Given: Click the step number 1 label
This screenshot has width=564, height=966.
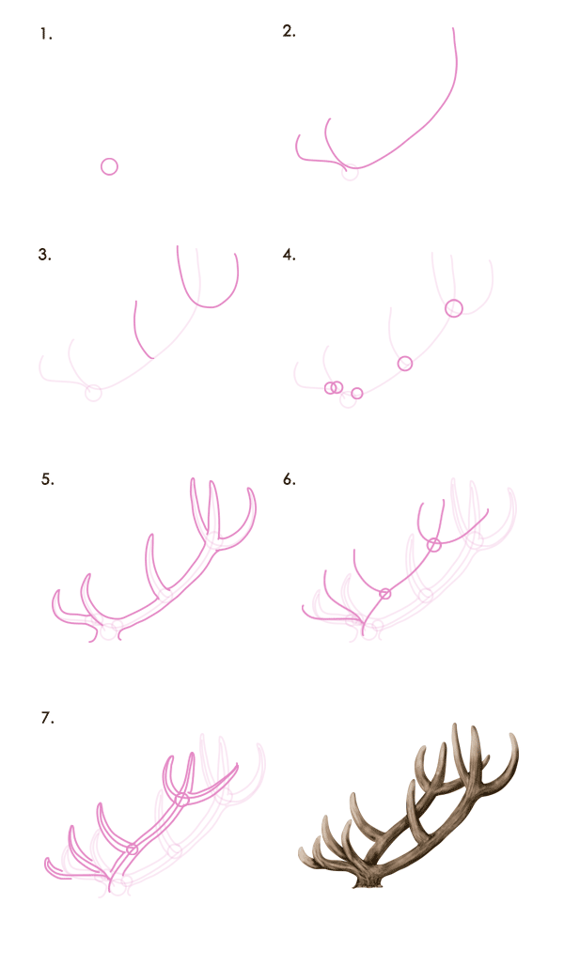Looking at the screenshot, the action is click(46, 35).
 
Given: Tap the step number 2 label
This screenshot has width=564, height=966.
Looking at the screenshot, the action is click(290, 32).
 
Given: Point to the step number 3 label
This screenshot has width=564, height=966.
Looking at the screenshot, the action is click(44, 255).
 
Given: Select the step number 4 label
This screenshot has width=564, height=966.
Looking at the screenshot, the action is click(290, 255).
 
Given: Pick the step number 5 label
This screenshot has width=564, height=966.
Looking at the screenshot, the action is click(47, 479).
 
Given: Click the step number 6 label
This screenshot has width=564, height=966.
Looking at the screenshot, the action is click(290, 479).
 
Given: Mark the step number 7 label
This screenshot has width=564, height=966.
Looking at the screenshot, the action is click(47, 718).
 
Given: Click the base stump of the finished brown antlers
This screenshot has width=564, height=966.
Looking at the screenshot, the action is click(368, 882).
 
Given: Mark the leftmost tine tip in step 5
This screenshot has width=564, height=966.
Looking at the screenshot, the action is click(58, 592).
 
